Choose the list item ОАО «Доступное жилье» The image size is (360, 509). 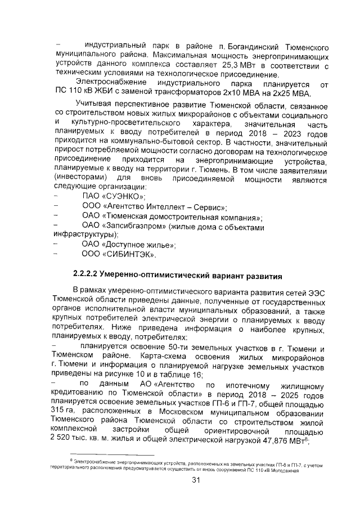click(129, 245)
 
